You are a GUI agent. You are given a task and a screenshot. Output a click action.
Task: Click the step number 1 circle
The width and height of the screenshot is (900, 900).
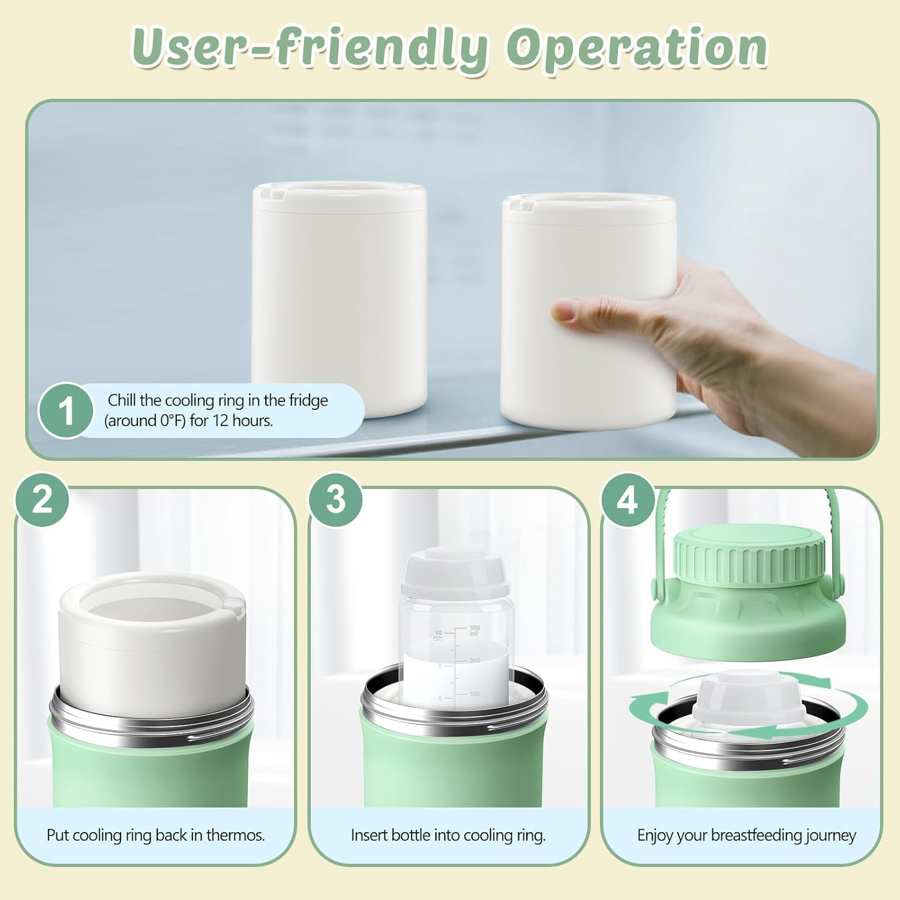coord(66,411)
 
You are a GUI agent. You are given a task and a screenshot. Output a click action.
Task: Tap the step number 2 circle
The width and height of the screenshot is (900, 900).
coord(42,499)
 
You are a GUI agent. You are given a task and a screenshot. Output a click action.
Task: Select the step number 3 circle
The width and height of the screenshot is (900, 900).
coord(336,499)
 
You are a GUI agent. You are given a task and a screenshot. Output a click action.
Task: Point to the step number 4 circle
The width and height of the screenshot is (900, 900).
coord(628,499)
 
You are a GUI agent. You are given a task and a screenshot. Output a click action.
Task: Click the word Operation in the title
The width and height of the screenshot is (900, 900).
coord(636,48)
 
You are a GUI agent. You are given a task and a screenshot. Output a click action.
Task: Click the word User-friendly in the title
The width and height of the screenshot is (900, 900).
coord(309,48)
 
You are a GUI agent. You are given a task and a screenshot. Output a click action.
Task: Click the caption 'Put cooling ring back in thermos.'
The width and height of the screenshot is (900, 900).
coord(155,835)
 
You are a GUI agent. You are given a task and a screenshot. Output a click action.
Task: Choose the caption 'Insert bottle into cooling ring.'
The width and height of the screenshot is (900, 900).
coord(448,835)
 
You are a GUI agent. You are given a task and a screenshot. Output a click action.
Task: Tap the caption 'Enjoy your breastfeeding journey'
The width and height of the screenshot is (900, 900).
coord(746,835)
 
